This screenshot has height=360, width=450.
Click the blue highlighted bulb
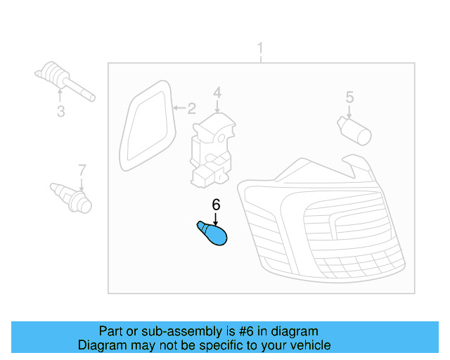click(213, 233)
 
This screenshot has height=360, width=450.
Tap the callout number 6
click(216, 205)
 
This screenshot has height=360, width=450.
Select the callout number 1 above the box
click(260, 48)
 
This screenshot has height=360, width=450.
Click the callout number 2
click(192, 108)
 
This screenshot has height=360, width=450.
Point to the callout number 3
click(60, 111)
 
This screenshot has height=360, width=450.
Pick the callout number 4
click(217, 93)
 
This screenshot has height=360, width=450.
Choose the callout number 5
click(349, 97)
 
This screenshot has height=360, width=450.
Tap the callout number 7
click(82, 170)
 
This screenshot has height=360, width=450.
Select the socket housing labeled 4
click(212, 150)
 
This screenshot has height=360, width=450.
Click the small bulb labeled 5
click(354, 130)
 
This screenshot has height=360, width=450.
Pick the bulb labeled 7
click(71, 198)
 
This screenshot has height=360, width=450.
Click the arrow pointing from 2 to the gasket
click(180, 108)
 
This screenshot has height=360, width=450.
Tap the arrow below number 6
click(216, 219)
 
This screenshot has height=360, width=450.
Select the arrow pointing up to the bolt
click(60, 96)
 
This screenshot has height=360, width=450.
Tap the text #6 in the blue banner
click(247, 331)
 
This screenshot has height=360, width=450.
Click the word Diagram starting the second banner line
click(102, 345)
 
